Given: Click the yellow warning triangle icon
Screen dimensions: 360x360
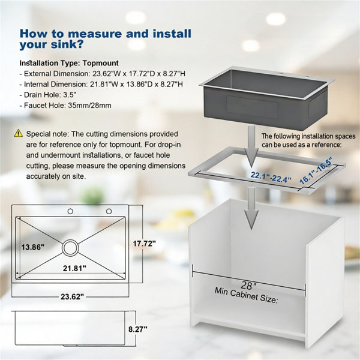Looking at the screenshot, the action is (x=19, y=133).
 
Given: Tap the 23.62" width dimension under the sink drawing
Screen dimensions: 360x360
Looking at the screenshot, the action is (x=73, y=296).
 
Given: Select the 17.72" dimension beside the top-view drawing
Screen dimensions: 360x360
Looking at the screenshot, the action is (x=145, y=244).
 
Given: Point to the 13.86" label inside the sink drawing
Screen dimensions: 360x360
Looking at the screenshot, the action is (x=32, y=247).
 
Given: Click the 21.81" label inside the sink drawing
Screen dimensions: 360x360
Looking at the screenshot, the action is (x=74, y=268).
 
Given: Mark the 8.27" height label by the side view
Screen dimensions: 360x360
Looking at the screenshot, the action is (x=138, y=329).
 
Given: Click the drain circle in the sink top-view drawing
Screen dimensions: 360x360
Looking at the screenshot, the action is (x=70, y=248).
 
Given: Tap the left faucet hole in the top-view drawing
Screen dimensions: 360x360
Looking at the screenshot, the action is (x=70, y=211).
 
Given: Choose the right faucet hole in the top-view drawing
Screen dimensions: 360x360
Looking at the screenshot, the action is (x=109, y=211).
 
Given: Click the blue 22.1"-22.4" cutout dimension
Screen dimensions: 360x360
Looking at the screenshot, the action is (x=271, y=177).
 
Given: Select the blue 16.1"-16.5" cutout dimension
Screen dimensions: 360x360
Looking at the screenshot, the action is (x=316, y=170).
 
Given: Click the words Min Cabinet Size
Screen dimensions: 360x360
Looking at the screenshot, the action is (x=247, y=295).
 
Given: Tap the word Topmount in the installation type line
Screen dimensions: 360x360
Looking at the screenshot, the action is (x=101, y=63).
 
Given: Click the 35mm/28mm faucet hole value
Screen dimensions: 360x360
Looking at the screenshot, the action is (x=90, y=106).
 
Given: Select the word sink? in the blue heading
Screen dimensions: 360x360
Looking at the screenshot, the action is (x=67, y=44).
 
